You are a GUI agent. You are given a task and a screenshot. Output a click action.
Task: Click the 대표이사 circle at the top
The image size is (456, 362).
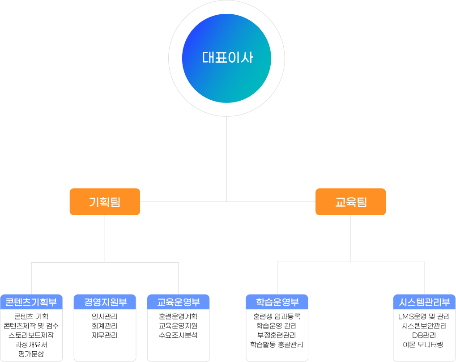coord(226,58)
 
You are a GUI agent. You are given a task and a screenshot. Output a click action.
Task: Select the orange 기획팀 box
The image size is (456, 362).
coord(105,202)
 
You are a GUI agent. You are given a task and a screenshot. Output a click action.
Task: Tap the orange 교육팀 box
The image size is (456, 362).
coord(351,202)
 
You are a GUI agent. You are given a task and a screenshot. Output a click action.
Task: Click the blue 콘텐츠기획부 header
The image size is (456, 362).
coord(31,302)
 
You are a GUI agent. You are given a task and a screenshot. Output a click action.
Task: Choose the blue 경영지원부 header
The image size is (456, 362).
coord(105,302)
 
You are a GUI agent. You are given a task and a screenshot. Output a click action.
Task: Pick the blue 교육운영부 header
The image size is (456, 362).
coord(178,302)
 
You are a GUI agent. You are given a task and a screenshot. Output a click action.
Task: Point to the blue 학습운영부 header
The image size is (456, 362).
coord(277,302)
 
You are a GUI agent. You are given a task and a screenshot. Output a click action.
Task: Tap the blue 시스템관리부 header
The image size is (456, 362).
coord(424,302)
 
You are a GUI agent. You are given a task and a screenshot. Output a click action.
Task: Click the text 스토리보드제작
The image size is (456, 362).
coord(31,335)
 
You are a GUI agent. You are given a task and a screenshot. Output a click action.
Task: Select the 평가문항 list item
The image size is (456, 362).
coord(31,354)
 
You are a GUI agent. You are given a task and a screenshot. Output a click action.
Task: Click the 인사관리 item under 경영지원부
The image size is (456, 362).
coord(104,316)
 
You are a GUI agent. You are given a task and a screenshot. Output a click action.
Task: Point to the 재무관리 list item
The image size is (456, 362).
coord(104,335)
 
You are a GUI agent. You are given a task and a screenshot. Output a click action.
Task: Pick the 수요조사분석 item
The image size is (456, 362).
coord(178,335)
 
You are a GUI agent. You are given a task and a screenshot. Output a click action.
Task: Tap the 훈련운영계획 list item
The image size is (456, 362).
coord(178,316)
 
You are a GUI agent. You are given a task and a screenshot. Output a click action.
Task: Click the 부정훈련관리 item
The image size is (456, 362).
coord(277,335)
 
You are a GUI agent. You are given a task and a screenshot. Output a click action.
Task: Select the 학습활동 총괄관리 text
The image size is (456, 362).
coord(277,345)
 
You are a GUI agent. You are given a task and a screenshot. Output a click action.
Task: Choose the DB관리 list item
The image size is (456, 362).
coord(424,335)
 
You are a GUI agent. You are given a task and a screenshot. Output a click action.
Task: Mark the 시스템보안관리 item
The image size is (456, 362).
coord(424,326)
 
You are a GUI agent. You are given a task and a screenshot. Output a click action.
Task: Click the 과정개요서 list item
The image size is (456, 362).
coord(31,345)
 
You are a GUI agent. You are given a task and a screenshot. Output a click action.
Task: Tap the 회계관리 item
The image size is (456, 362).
coord(104,326)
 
